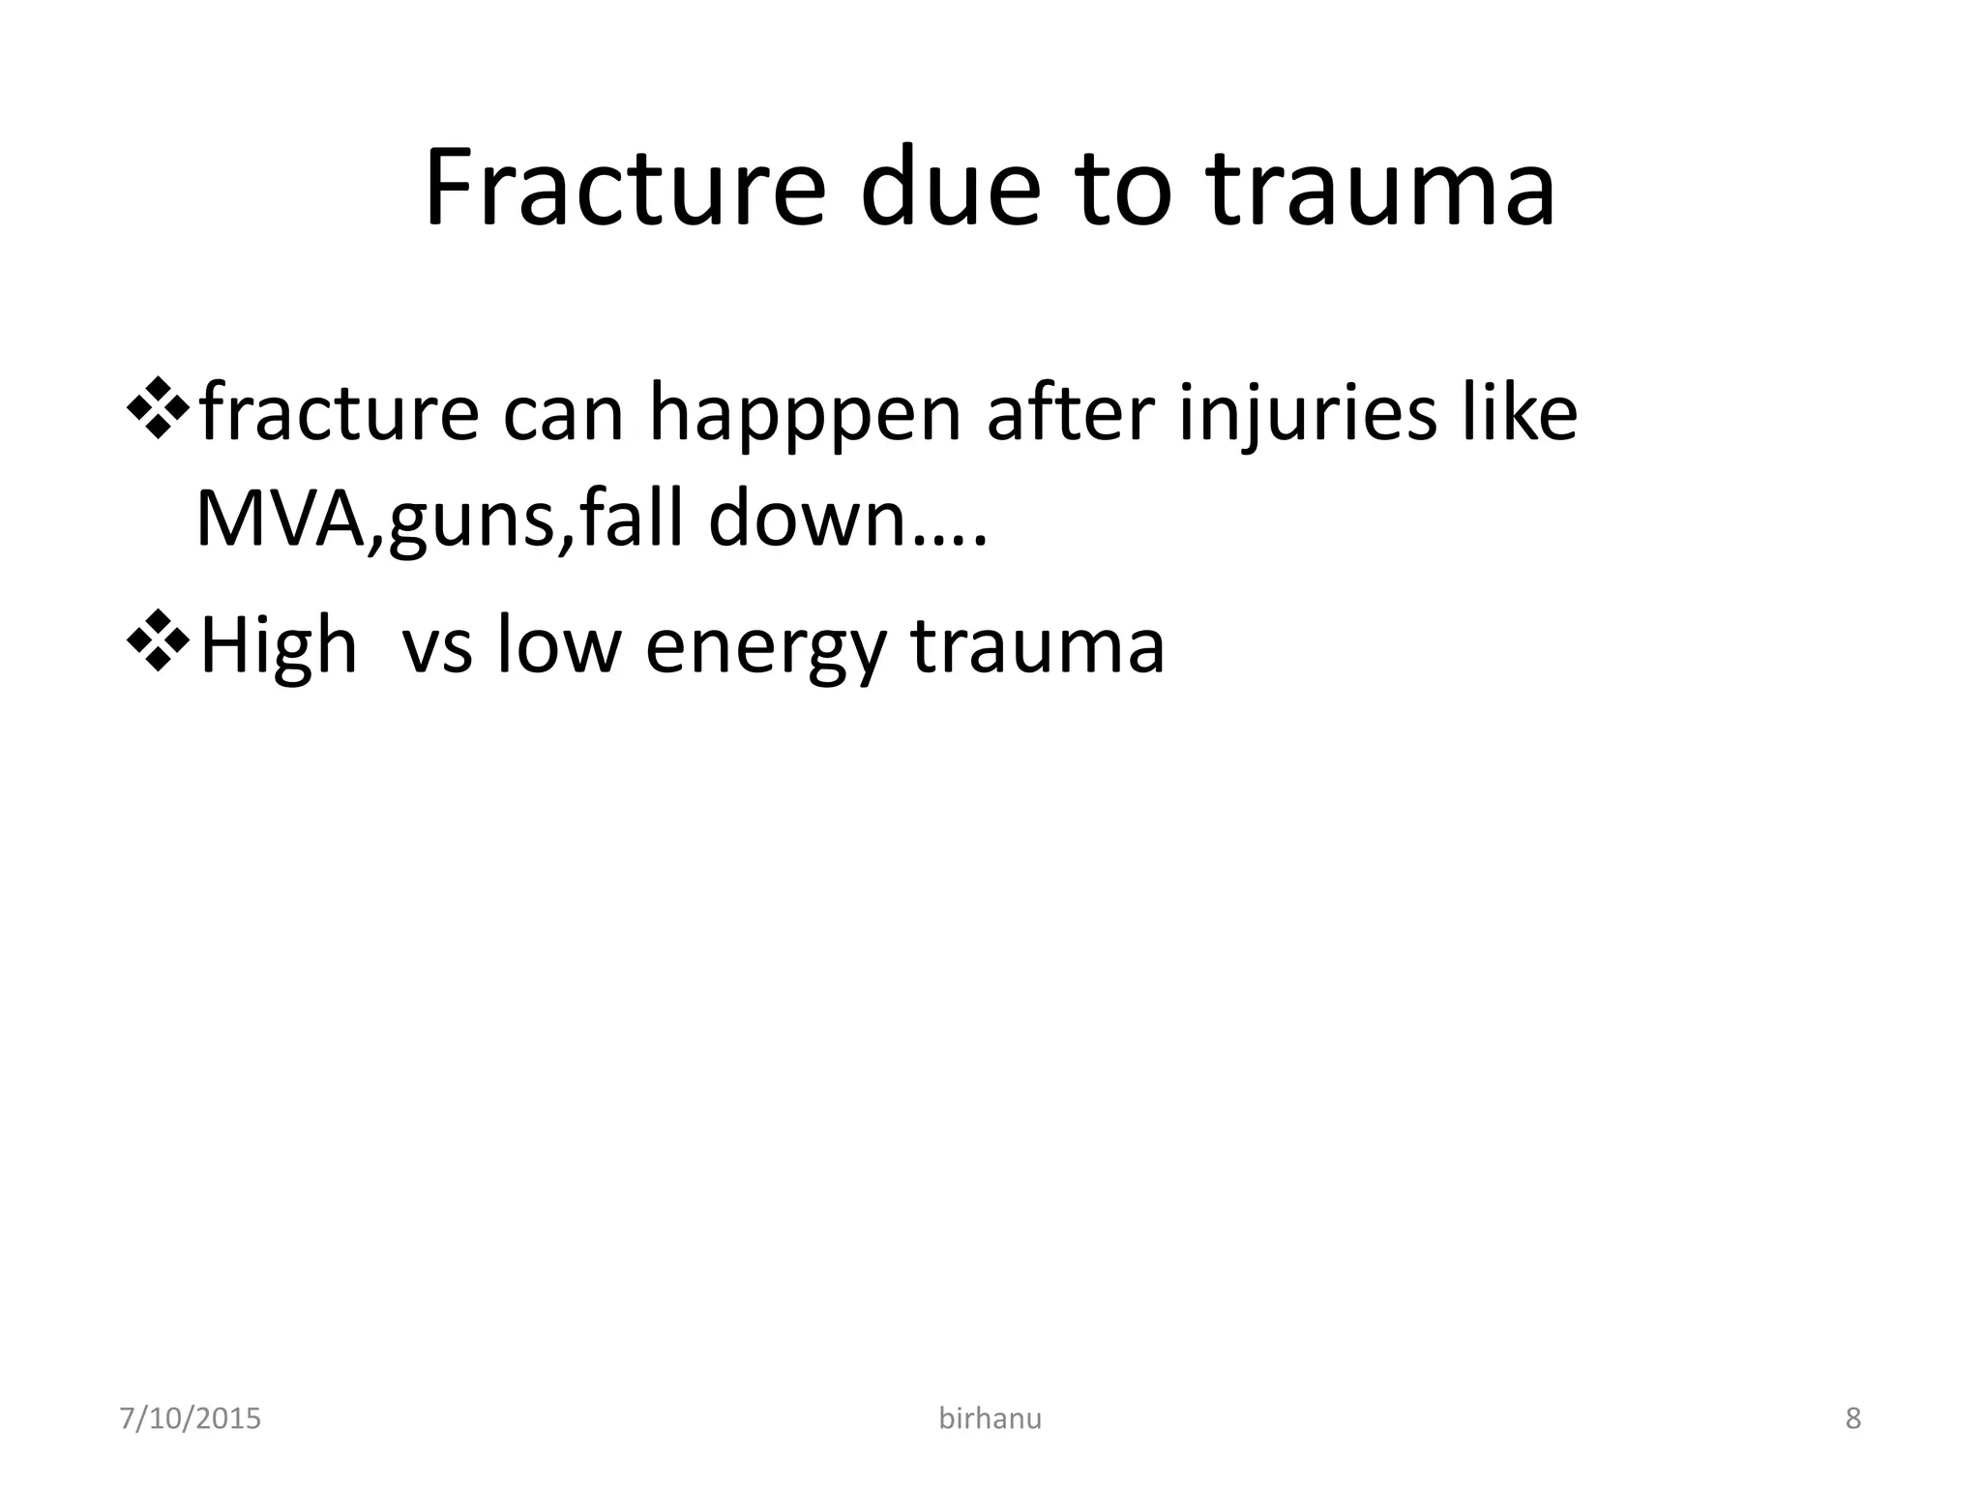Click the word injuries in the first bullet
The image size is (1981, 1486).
(1307, 414)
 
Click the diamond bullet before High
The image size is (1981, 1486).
(157, 642)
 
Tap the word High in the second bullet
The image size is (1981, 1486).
(279, 646)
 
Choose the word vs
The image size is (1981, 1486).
(437, 646)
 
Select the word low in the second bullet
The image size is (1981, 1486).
(558, 646)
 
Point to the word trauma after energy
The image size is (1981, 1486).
(1038, 646)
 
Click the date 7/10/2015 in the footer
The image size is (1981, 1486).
(190, 1419)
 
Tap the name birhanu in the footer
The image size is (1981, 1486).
(990, 1419)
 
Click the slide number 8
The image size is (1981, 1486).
(1853, 1419)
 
